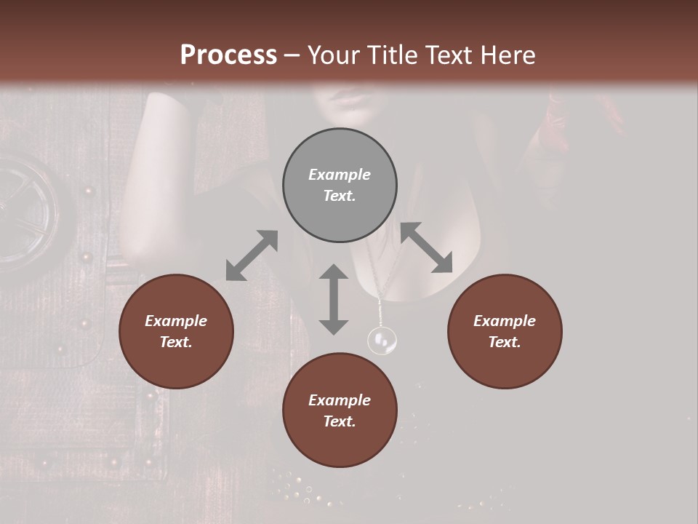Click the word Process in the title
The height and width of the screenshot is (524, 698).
tap(228, 55)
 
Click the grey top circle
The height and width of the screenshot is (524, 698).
tap(340, 185)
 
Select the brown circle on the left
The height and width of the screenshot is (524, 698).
tap(176, 331)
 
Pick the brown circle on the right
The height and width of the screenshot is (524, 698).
tap(505, 331)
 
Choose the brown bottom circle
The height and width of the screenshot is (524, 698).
tap(340, 410)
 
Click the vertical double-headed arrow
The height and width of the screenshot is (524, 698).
tap(334, 299)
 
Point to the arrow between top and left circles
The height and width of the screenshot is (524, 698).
tap(252, 255)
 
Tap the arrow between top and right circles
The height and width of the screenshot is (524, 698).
tap(426, 247)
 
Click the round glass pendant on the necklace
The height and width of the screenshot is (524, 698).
tap(382, 340)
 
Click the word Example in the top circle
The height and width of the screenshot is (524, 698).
tap(340, 175)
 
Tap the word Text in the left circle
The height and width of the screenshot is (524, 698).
tap(176, 342)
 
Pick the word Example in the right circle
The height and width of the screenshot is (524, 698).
tap(505, 321)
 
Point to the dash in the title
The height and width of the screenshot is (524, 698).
tap(292, 55)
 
